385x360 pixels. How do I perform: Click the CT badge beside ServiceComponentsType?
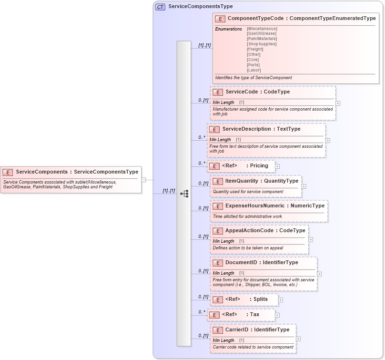(161, 7)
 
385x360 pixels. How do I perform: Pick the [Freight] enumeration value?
(255, 49)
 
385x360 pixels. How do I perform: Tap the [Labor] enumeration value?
(253, 70)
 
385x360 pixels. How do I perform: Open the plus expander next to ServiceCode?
(338, 103)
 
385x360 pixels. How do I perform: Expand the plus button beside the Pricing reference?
(277, 166)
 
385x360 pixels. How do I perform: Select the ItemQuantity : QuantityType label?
(262, 181)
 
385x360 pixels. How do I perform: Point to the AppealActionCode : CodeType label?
(265, 231)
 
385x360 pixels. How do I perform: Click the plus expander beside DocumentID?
(319, 274)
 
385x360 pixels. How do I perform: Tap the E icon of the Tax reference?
(214, 315)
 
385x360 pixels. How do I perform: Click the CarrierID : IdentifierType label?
(257, 330)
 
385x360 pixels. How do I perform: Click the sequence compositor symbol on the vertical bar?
(184, 194)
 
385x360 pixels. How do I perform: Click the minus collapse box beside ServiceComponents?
(144, 180)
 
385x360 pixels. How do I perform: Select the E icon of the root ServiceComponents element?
(8, 172)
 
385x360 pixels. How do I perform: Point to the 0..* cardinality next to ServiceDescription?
(202, 138)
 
